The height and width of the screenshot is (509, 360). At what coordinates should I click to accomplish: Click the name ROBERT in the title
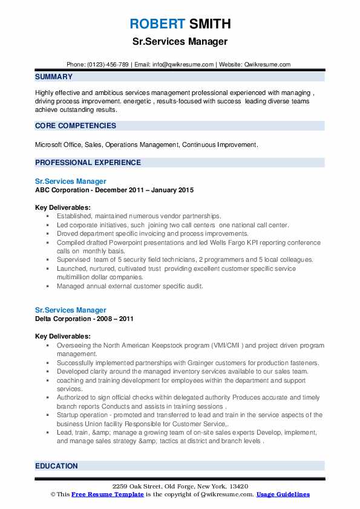point(157,25)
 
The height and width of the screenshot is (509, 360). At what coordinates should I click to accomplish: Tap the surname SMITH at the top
point(209,25)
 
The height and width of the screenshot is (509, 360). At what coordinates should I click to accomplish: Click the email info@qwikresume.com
point(185,64)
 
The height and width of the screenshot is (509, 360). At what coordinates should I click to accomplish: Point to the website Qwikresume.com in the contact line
point(268,64)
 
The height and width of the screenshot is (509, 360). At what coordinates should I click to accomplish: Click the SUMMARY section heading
point(54,77)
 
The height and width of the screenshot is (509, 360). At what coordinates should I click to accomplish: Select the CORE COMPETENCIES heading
point(76,126)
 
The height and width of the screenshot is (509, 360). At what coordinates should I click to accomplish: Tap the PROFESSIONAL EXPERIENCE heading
point(88,162)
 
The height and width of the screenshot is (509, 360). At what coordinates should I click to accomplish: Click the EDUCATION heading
point(56,466)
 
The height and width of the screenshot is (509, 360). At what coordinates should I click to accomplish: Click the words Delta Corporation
point(64,319)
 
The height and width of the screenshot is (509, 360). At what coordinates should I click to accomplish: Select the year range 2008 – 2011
point(116,319)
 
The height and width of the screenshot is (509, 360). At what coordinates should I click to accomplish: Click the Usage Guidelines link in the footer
point(283,494)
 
